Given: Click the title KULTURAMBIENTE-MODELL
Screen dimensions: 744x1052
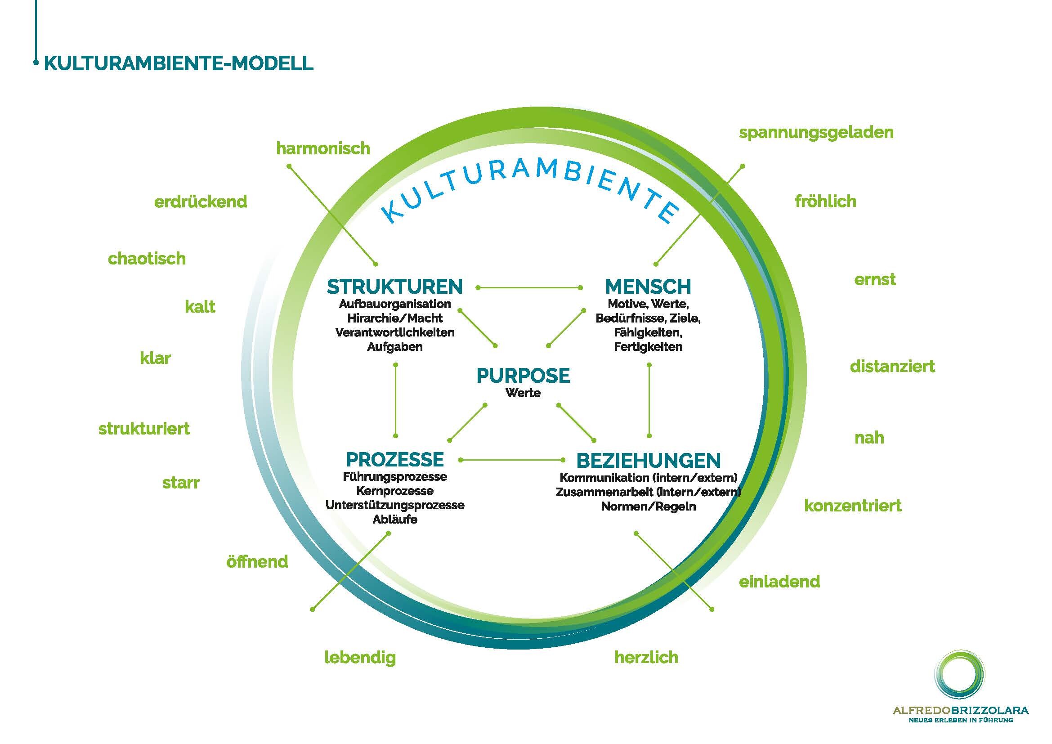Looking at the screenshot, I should [x=179, y=63].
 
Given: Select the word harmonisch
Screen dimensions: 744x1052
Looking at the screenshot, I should [x=322, y=148].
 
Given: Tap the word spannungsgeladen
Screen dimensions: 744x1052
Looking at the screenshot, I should [x=816, y=132].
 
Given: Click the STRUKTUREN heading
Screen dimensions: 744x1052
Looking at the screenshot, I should [x=394, y=287].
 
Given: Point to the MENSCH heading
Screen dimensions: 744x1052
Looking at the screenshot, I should [x=648, y=287].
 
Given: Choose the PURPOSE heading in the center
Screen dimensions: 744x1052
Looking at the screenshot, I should [x=523, y=376].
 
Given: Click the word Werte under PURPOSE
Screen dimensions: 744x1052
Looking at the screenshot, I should [x=523, y=393].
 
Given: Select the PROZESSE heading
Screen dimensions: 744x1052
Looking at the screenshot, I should [x=394, y=460].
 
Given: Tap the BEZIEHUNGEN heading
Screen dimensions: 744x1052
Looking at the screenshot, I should [x=648, y=461].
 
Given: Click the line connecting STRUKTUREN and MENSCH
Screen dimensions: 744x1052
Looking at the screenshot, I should [x=529, y=288].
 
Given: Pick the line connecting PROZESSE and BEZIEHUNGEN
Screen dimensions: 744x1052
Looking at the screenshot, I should [x=512, y=460].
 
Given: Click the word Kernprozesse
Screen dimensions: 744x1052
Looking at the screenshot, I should [x=394, y=491].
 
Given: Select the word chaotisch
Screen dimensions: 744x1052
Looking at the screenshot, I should [x=147, y=259].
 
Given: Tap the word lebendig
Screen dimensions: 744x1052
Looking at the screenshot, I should [x=360, y=658].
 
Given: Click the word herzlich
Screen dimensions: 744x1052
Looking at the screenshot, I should [x=646, y=658].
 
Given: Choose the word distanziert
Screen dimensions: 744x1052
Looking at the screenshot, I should [x=891, y=367].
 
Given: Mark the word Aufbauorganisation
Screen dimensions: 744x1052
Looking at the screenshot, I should [x=394, y=304].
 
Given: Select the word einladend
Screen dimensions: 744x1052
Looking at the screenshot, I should [x=779, y=582].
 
